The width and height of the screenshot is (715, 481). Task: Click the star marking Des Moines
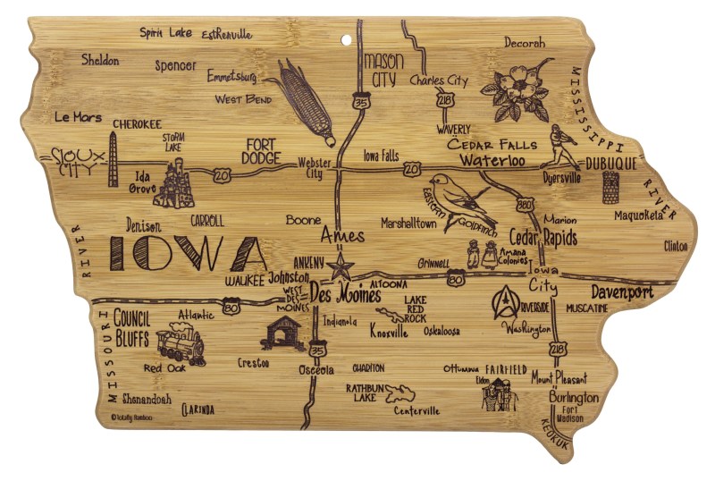[340, 266]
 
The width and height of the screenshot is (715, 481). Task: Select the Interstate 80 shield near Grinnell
[458, 281]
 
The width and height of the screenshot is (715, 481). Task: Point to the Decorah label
[524, 42]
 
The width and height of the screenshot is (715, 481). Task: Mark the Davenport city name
[621, 292]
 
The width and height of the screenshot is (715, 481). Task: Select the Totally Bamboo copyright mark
[131, 417]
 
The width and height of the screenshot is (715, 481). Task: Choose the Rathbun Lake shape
[399, 393]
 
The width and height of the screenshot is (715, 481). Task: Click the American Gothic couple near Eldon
[499, 393]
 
